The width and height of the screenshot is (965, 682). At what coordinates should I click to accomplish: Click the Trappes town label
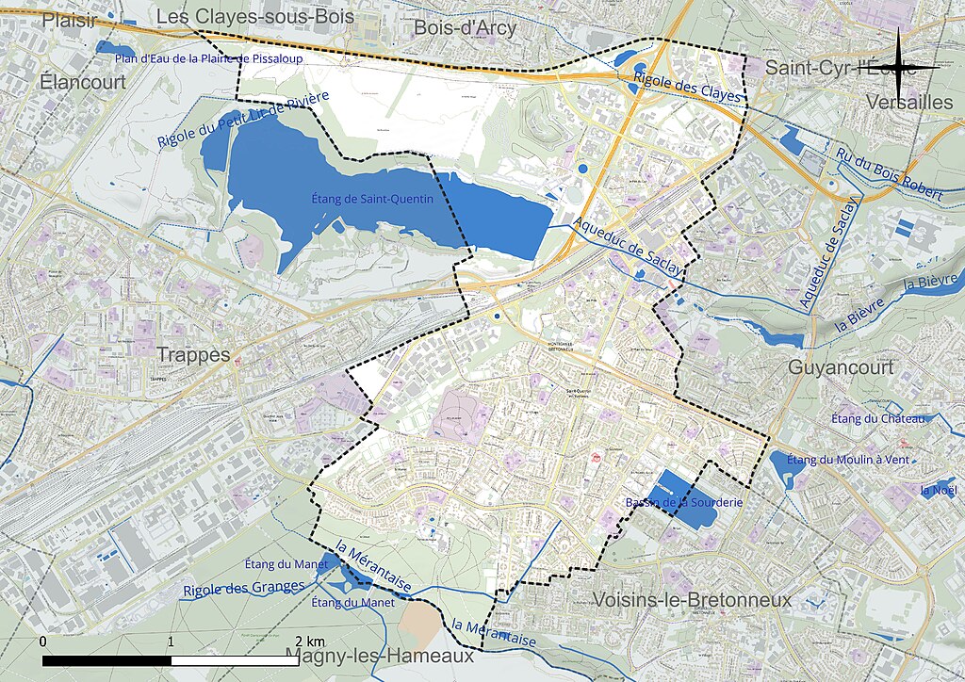(x=193, y=355)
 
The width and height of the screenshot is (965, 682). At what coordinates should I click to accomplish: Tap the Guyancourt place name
(x=841, y=367)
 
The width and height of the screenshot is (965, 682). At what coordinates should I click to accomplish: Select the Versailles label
(x=908, y=102)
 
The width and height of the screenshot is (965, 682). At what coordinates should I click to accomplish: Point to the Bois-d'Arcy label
(x=466, y=27)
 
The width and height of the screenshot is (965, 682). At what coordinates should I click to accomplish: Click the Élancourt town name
(x=83, y=82)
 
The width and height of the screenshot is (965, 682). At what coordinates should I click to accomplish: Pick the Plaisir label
(x=68, y=20)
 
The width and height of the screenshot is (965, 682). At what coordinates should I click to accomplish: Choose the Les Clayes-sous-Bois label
(x=254, y=17)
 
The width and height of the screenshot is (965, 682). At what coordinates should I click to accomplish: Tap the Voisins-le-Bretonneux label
(x=692, y=600)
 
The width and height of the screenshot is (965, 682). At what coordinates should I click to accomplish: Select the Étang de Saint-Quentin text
(x=372, y=199)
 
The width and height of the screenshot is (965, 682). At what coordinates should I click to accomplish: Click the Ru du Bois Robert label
(x=889, y=175)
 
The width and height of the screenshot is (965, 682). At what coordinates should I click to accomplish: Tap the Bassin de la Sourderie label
(x=684, y=503)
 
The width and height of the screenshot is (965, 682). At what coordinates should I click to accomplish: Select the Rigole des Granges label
(x=244, y=587)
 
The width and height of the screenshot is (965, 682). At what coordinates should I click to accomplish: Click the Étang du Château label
(x=879, y=418)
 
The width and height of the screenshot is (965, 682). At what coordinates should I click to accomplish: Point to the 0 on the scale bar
(x=44, y=641)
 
